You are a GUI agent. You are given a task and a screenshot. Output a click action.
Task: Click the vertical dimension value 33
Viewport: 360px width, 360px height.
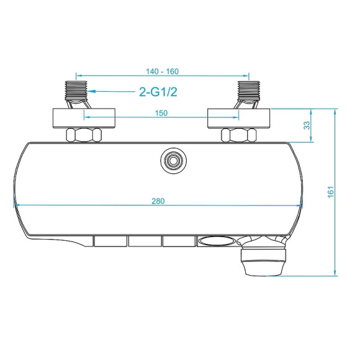307,125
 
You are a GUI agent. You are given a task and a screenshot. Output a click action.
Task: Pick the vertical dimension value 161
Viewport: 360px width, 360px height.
331,192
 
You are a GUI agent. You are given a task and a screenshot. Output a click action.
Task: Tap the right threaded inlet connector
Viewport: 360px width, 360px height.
247,93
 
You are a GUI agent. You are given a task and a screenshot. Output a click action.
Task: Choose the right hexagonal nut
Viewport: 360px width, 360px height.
239,135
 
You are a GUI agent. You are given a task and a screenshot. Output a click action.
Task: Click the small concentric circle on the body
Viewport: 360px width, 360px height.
171,160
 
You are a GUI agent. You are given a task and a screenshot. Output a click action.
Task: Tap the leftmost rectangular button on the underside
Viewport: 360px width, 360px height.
110,241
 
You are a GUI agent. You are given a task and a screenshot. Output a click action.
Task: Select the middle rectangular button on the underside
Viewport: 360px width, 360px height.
145,241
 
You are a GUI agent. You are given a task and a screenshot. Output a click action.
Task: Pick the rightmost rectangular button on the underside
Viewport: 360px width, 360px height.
179,241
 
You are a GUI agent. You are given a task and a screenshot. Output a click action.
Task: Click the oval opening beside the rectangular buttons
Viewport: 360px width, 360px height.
215,241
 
